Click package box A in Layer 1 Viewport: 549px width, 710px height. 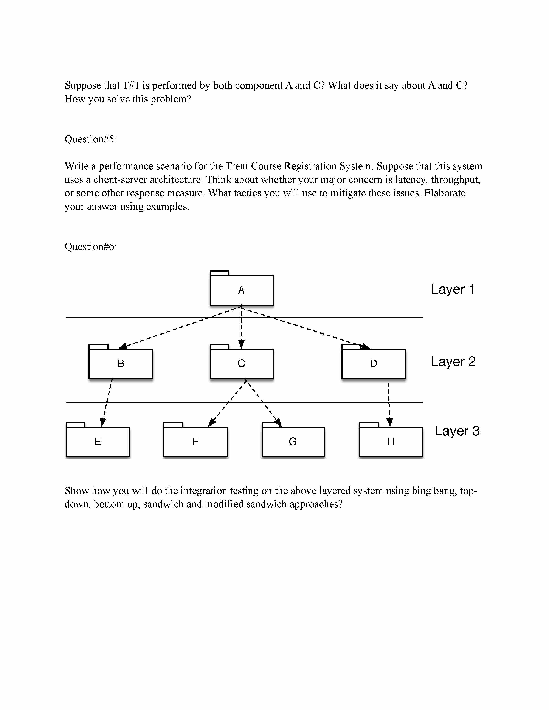pos(241,290)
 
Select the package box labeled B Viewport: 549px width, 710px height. pos(121,363)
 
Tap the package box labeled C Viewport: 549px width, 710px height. pos(241,363)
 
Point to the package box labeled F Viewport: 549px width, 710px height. pos(195,441)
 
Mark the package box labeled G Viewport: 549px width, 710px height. pos(293,441)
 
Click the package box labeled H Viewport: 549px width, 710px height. pos(391,441)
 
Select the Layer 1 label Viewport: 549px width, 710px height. pos(453,289)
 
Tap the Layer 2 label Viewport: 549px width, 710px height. pos(453,361)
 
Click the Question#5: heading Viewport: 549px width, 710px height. pos(90,139)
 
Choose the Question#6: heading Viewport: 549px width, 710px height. pos(90,247)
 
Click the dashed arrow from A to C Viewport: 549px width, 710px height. pos(241,328)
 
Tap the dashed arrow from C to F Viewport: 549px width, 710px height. pos(228,403)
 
